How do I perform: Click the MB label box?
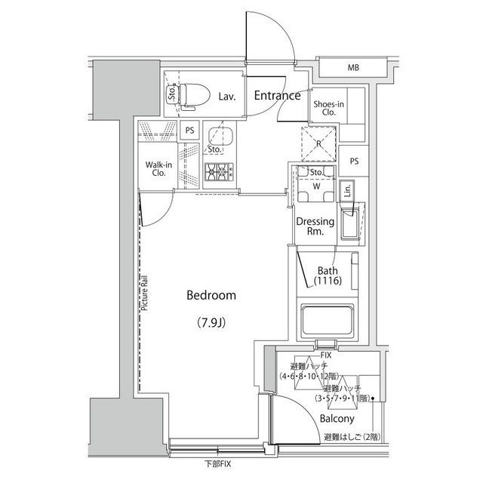[353, 69]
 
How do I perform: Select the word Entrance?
[277, 96]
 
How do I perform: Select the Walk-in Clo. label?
[158, 168]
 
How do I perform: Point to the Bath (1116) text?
[328, 275]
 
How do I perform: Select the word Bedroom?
[211, 296]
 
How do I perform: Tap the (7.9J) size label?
[212, 323]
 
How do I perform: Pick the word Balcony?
[337, 418]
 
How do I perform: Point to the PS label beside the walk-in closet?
[189, 130]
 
